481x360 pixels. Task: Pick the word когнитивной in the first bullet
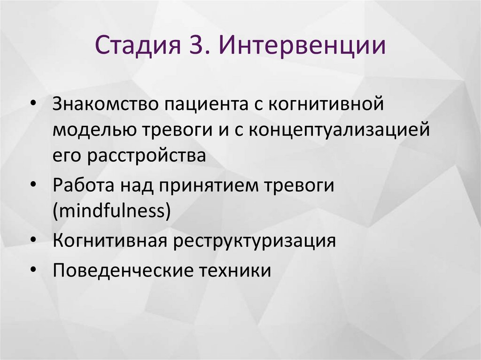pos(327,104)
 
